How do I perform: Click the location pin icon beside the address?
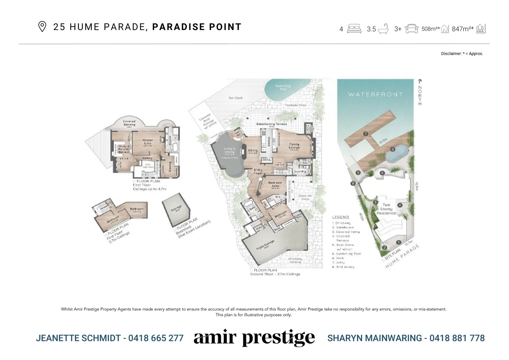(x=42, y=27)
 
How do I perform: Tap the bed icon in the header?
(x=354, y=29)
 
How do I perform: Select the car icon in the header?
(x=411, y=29)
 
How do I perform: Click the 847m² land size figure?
(x=462, y=29)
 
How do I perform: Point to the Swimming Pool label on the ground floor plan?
(x=283, y=88)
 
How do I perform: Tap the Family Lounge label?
(x=294, y=146)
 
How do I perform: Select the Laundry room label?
(x=300, y=171)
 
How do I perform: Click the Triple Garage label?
(x=265, y=244)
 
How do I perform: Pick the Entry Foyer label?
(x=258, y=171)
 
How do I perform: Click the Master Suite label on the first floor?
(x=147, y=142)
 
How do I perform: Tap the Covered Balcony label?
(x=129, y=123)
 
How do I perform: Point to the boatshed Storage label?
(x=176, y=208)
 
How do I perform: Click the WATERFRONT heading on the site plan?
(x=375, y=94)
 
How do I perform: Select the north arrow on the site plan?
(x=420, y=81)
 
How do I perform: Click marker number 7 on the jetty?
(x=366, y=134)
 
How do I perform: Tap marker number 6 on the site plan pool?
(x=393, y=149)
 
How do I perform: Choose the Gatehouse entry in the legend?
(x=343, y=227)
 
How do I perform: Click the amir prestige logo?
(x=254, y=338)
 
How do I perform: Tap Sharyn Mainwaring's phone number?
(x=457, y=338)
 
